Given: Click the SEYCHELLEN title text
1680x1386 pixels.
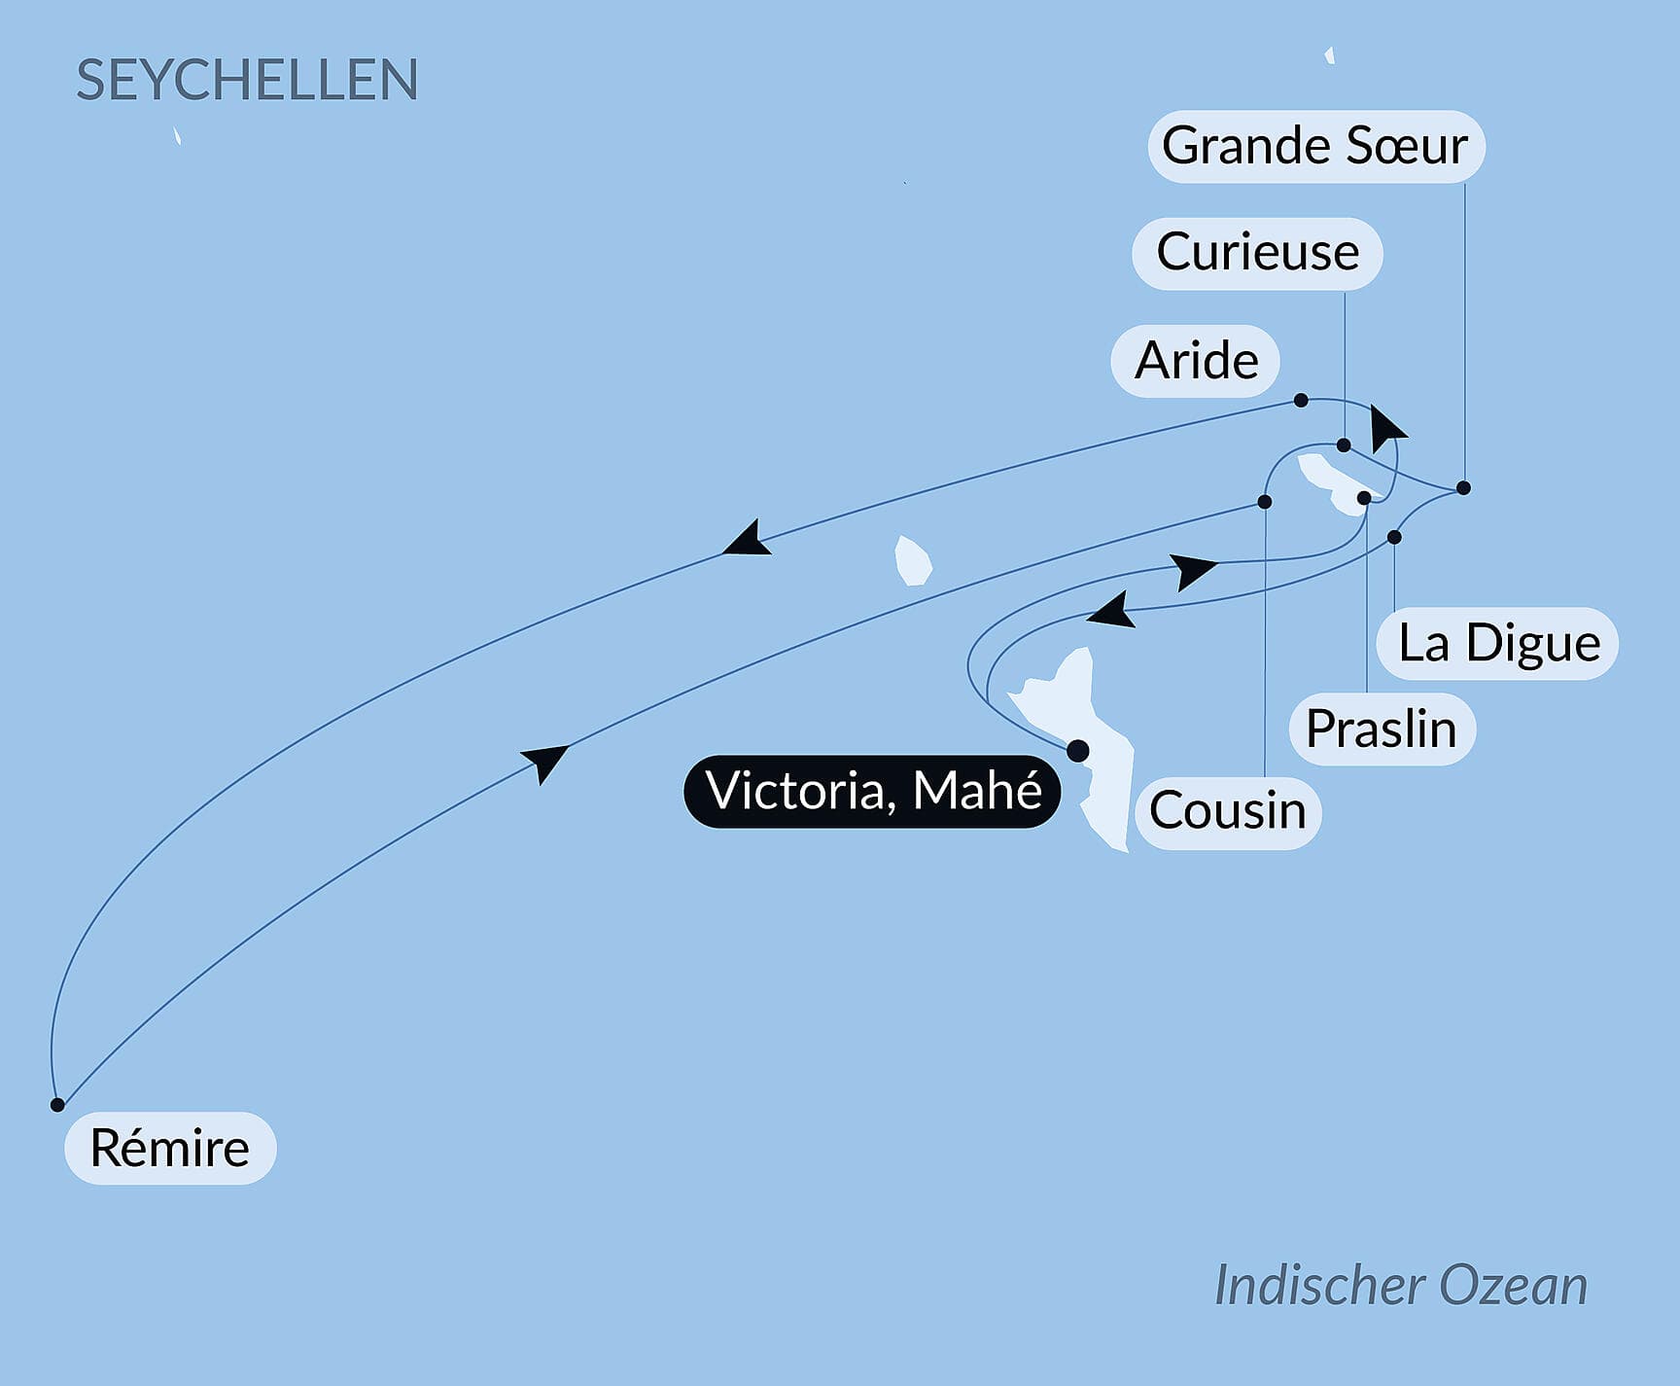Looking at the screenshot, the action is pos(247,80).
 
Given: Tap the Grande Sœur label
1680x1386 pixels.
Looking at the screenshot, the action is pos(1314,146).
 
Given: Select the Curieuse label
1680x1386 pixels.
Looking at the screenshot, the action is pos(1257,253).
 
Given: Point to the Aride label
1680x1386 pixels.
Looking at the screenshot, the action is pos(1196,361).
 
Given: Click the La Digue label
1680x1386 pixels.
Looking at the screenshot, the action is pos(1498,643).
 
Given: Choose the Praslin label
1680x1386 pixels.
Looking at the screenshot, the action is pos(1382,729).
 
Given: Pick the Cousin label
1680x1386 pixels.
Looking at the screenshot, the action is pos(1227,811).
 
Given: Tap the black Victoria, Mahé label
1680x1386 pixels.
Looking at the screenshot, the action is pos(873,791).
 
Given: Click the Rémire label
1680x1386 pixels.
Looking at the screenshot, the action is pos(170,1148).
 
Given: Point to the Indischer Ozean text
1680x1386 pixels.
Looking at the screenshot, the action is pos(1400,1285).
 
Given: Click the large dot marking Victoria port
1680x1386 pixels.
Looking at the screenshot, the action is pos(1077,751).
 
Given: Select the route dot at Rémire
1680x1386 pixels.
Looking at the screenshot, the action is pos(57,1105).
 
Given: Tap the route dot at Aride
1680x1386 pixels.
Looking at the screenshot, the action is pos(1301,401).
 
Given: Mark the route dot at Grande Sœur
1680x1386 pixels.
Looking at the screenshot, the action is pos(1463,487).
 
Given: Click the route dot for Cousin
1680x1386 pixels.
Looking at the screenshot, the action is pos(1265,502).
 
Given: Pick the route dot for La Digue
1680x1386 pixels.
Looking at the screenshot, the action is pos(1394,537).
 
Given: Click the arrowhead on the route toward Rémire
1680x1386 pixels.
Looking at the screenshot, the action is pos(748,540).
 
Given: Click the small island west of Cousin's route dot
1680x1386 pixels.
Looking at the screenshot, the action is pos(912,561).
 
